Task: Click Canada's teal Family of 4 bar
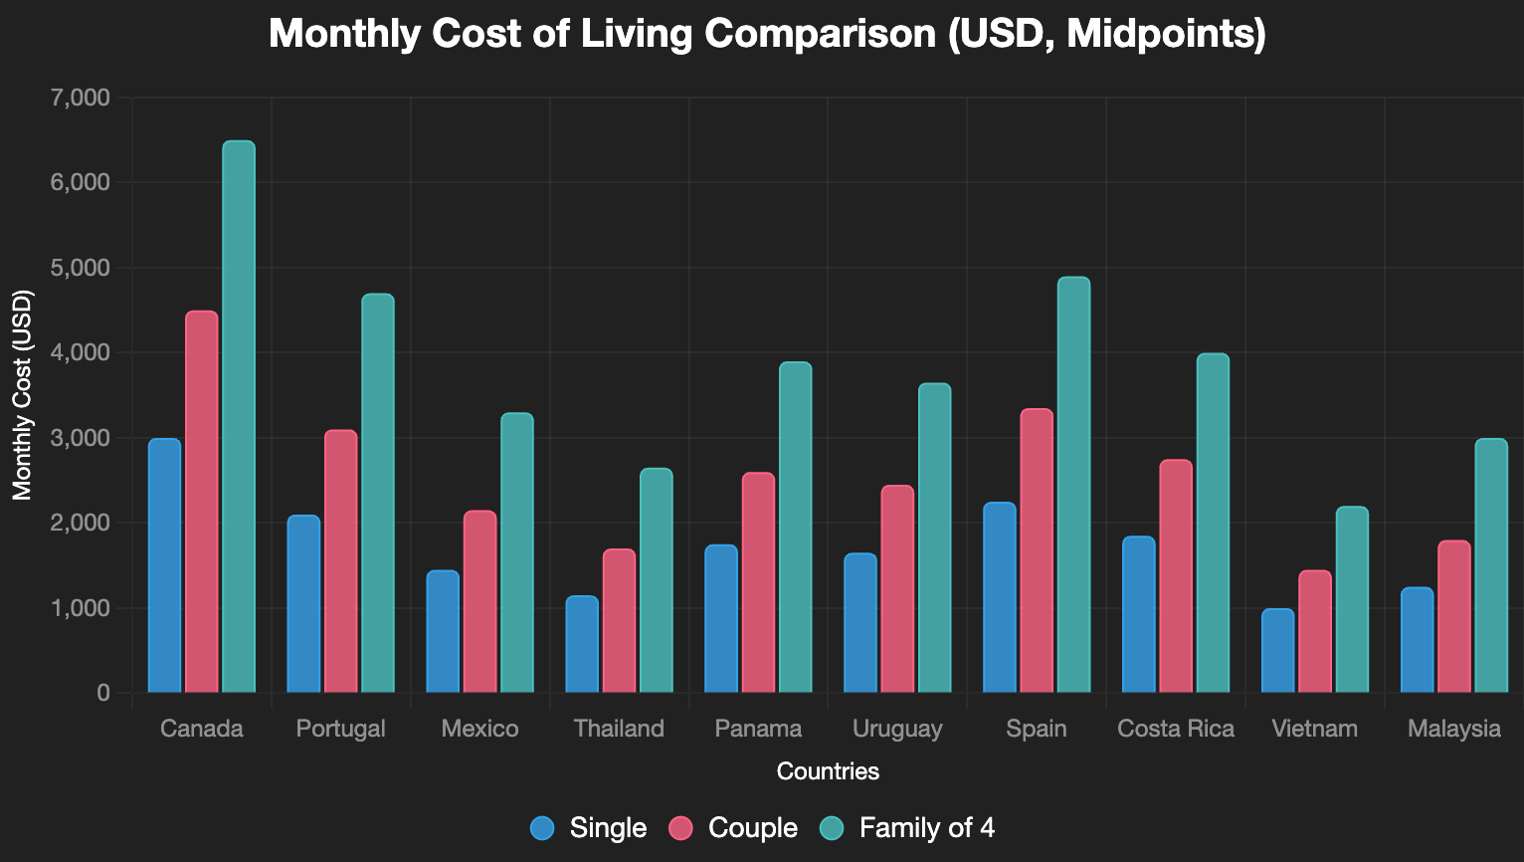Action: click(239, 417)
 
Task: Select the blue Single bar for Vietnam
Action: click(1278, 651)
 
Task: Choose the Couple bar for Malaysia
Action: click(1454, 616)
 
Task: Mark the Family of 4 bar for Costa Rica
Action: click(1213, 524)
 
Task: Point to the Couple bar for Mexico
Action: click(479, 602)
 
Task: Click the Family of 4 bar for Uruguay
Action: click(934, 539)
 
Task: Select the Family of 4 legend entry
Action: click(906, 828)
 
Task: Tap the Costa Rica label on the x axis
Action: click(1176, 729)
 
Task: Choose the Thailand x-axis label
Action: click(619, 729)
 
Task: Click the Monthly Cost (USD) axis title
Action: click(22, 395)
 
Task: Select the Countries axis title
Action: click(828, 771)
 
